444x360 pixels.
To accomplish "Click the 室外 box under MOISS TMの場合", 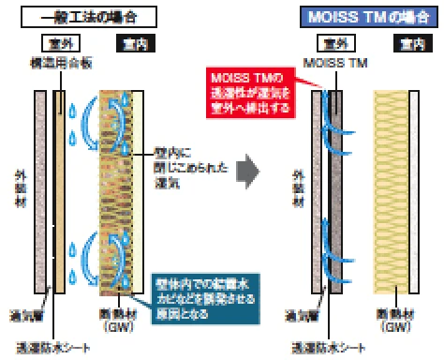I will [330, 44].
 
